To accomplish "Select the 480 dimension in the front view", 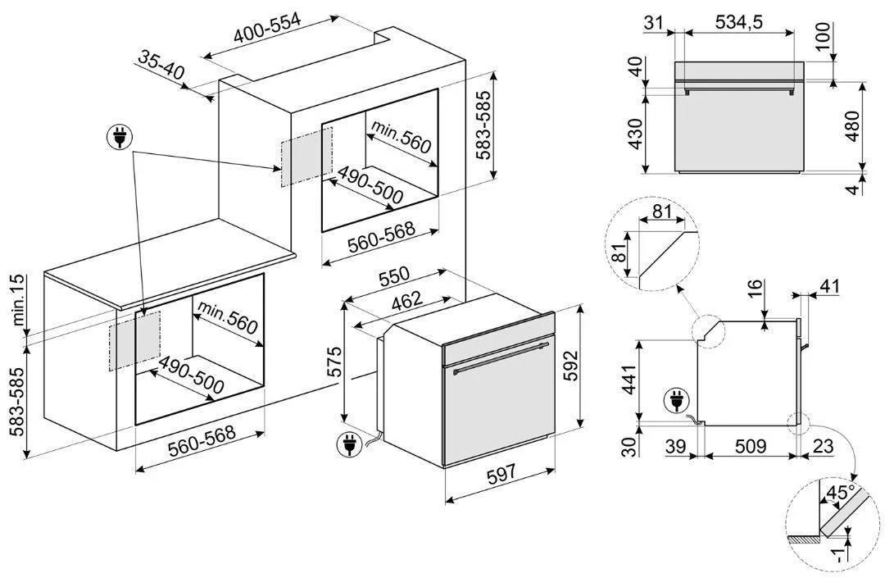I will [x=852, y=126].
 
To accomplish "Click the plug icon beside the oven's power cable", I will [x=348, y=444].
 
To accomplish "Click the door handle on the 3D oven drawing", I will [x=500, y=359].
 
